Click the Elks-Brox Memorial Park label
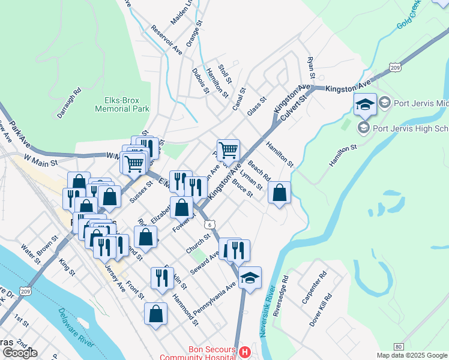tap(122, 105)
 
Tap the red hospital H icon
tap(244, 351)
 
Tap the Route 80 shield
tap(399, 346)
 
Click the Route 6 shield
tap(209, 224)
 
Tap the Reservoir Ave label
tap(167, 40)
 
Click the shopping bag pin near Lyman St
tap(280, 193)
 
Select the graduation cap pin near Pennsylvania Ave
tap(250, 277)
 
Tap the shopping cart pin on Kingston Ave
tap(228, 150)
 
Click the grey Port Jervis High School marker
tap(363, 128)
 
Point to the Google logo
tap(20, 353)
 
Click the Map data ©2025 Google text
tap(412, 355)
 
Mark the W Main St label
tap(40, 161)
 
